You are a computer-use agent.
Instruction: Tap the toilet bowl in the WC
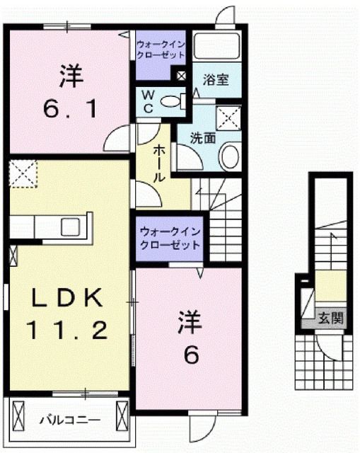(170, 101)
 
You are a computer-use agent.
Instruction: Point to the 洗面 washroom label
(202, 138)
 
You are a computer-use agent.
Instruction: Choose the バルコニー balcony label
(69, 419)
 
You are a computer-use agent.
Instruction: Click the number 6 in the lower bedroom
(191, 355)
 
